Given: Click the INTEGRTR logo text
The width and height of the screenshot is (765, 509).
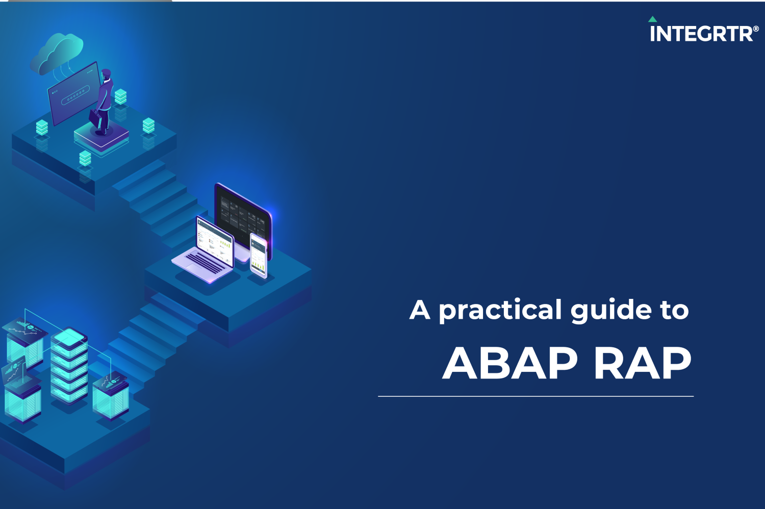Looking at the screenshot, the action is (701, 34).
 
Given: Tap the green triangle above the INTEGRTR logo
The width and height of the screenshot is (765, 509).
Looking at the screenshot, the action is (653, 19).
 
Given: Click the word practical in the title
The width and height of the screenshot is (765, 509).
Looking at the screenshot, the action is (500, 311).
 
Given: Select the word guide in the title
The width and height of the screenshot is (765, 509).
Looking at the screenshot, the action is (610, 311).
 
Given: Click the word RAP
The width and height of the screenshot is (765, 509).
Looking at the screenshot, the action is (643, 363).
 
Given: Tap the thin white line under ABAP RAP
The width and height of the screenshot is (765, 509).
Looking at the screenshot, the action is (536, 396).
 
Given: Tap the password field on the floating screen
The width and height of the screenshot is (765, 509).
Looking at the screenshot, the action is (75, 95).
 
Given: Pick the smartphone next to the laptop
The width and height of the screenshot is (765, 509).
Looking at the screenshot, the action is (259, 256).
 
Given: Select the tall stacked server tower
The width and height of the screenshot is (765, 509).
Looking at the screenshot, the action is (69, 366).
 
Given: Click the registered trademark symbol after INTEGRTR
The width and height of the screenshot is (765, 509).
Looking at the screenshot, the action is (756, 30).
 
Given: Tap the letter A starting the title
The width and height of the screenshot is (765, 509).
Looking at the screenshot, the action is (420, 310).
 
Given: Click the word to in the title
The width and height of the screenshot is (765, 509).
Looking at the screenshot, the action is (674, 311).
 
